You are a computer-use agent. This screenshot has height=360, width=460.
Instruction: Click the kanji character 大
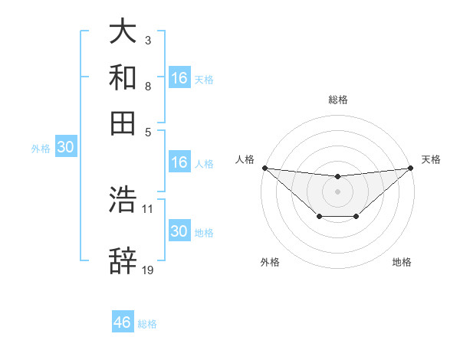(x=123, y=31)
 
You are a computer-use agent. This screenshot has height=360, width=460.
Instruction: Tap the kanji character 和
(x=123, y=77)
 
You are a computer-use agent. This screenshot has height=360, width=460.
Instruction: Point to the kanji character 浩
(x=123, y=200)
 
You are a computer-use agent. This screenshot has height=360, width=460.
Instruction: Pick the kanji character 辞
(x=123, y=261)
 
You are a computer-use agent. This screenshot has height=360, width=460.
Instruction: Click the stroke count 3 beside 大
(x=147, y=40)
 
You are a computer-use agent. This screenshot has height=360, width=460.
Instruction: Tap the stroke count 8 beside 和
(x=147, y=86)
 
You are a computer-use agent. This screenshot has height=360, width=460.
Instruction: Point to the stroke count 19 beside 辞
(x=148, y=270)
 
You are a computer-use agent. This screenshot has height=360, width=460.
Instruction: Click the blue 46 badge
(x=123, y=322)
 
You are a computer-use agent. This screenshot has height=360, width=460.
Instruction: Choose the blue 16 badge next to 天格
(x=179, y=77)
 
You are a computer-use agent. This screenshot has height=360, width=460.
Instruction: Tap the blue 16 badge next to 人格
(x=179, y=162)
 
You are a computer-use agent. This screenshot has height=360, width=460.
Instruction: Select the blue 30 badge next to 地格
(x=179, y=231)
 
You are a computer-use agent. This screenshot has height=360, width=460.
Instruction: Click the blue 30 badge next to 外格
(x=65, y=148)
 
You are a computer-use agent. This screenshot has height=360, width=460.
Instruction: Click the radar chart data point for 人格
(x=264, y=168)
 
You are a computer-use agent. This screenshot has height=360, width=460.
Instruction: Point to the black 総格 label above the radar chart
(x=338, y=100)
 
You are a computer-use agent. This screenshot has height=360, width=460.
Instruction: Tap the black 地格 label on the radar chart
(x=402, y=262)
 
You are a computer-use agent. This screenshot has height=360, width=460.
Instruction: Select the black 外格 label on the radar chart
(x=270, y=262)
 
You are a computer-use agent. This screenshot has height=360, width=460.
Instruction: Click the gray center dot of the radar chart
(x=337, y=191)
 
